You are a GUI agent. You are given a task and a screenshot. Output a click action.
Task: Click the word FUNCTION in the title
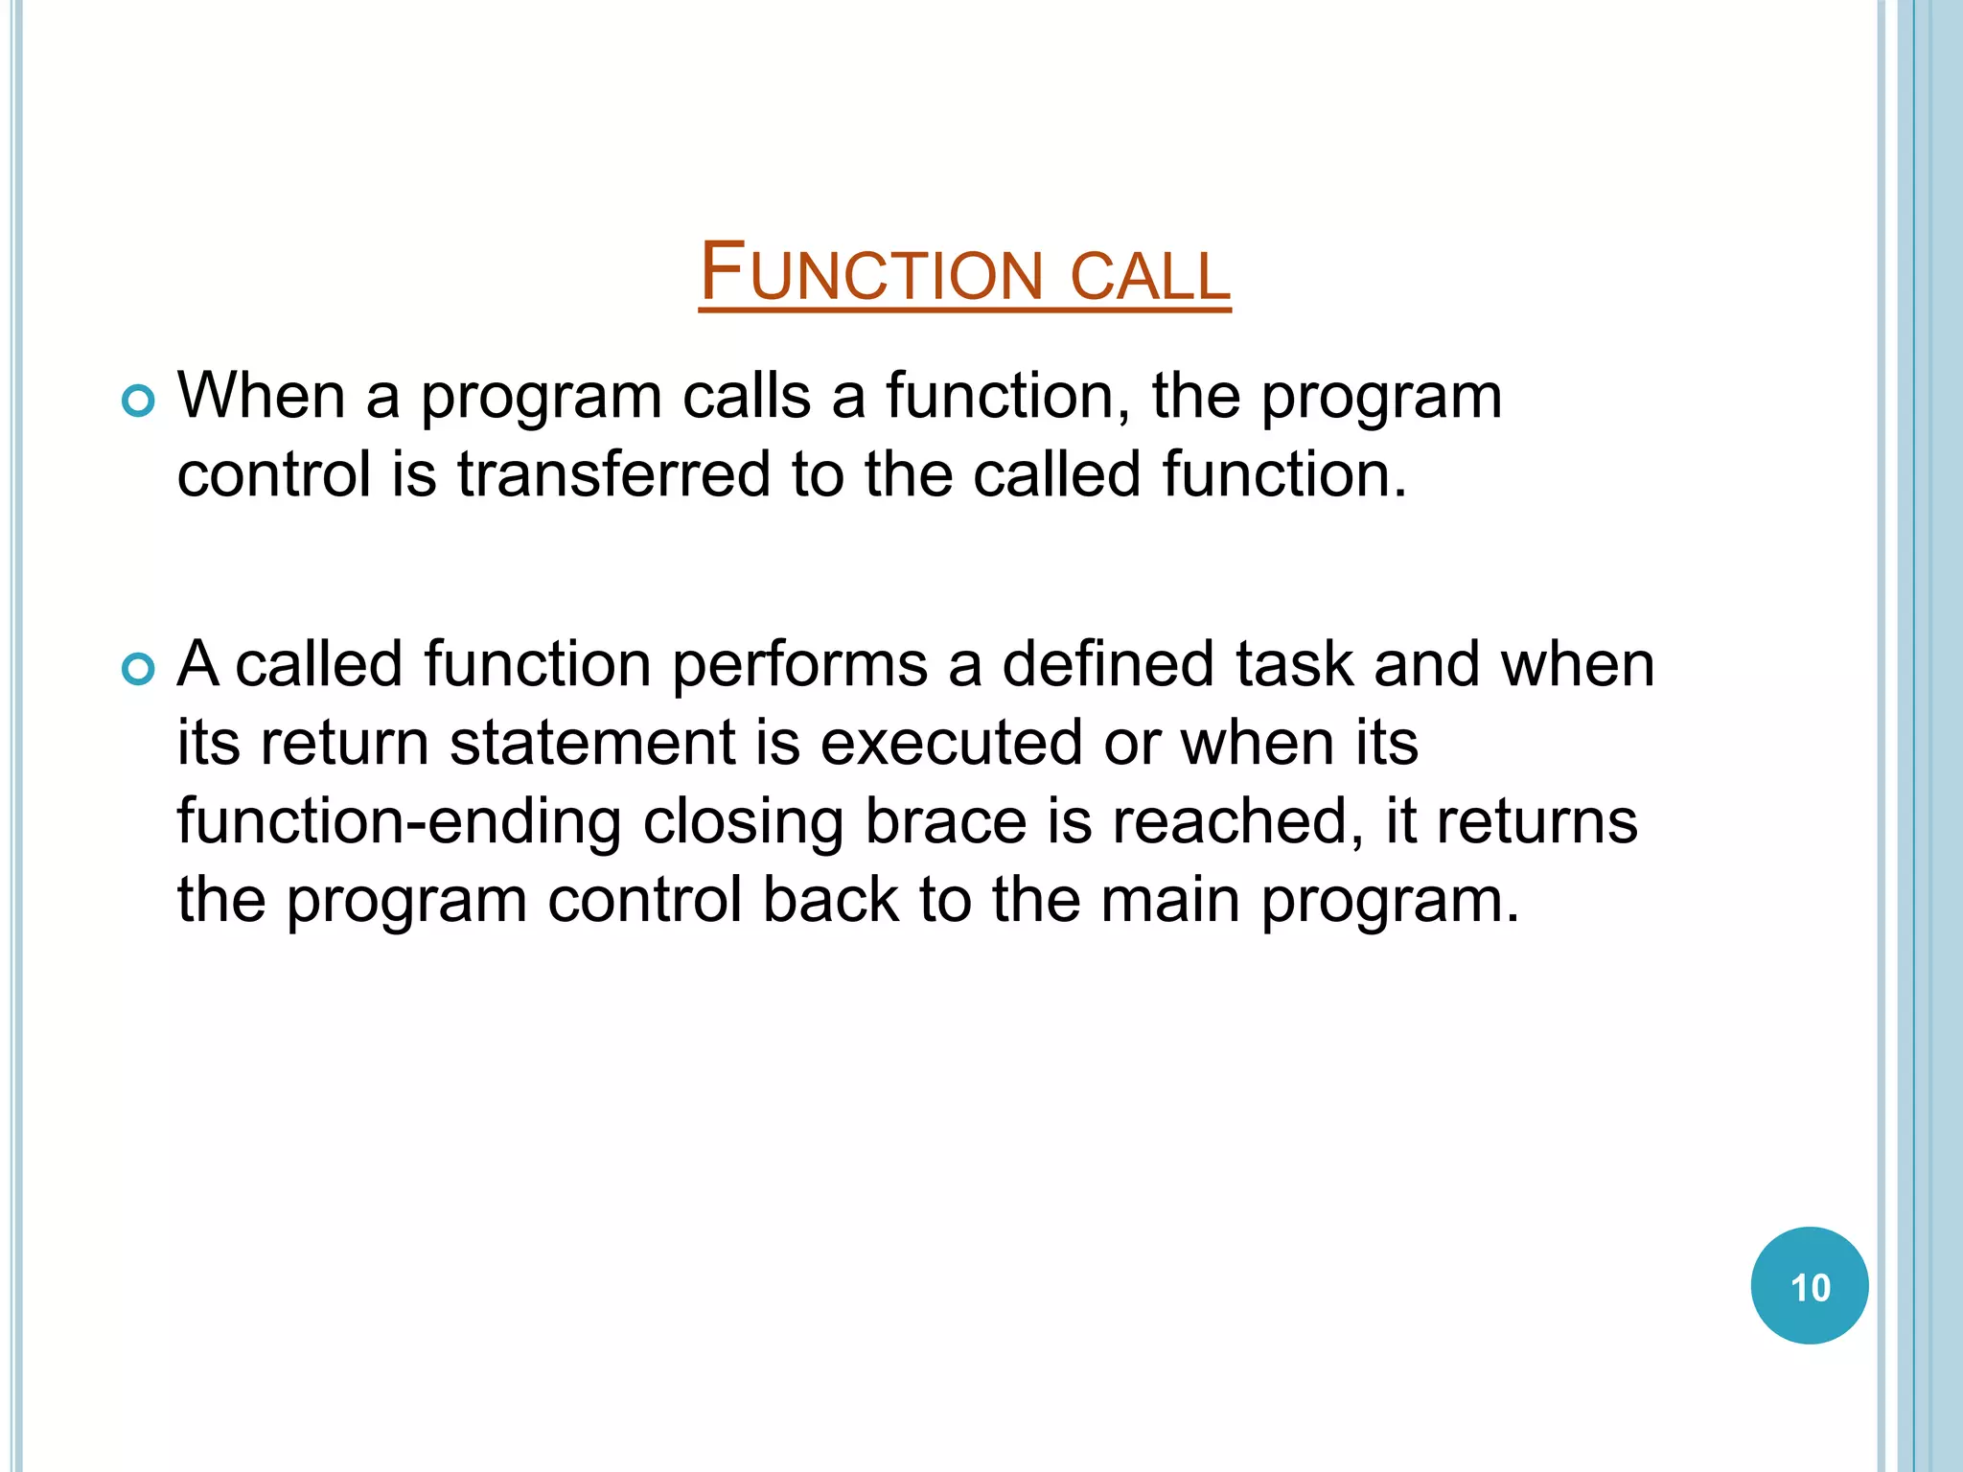click(x=870, y=274)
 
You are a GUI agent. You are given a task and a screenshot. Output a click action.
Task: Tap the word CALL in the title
click(x=1149, y=276)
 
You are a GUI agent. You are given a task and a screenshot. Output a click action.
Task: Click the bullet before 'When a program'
click(x=139, y=402)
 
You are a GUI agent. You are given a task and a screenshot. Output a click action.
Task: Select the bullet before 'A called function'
click(x=139, y=670)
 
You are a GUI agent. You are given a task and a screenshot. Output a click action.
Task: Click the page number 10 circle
click(x=1809, y=1286)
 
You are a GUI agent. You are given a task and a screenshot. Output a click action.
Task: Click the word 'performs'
click(x=799, y=666)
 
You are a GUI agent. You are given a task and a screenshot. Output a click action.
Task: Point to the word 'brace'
click(x=945, y=822)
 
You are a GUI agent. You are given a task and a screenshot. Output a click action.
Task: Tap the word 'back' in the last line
click(x=830, y=901)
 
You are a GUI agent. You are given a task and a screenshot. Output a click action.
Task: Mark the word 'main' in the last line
click(x=1170, y=901)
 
